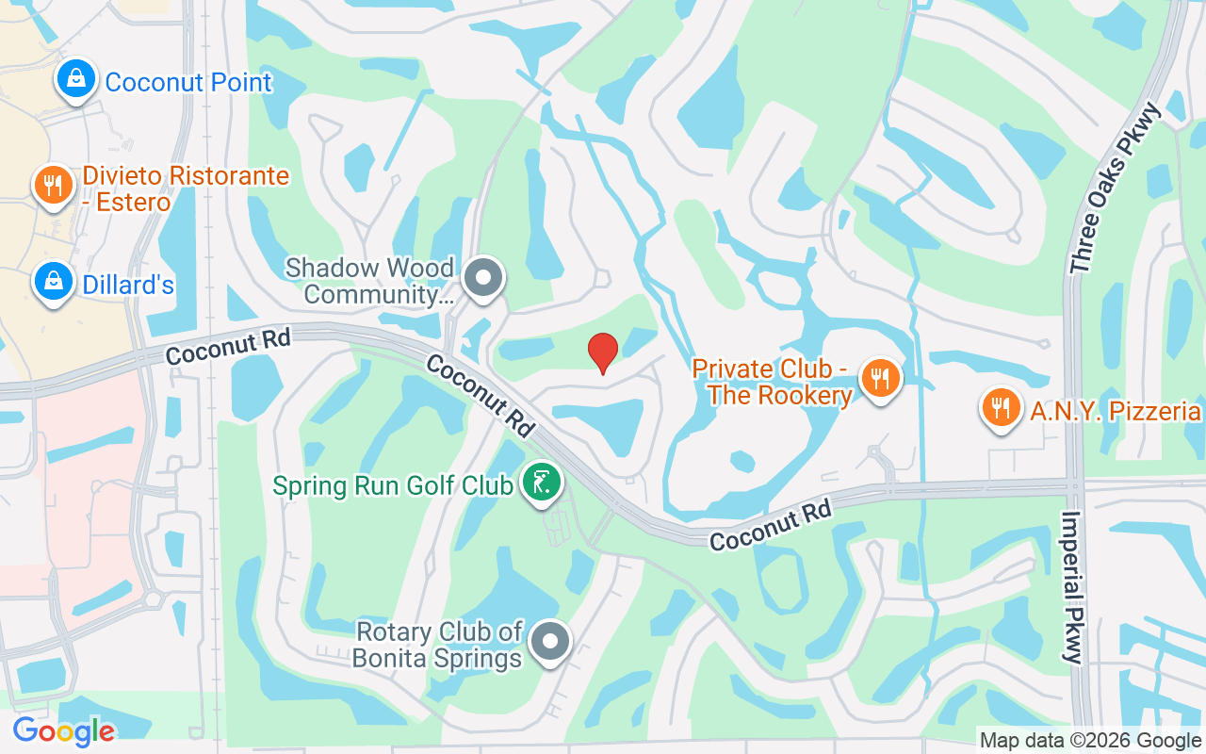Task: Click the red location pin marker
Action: tap(603, 352)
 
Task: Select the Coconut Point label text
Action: tap(188, 82)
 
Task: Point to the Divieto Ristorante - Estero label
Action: tap(186, 188)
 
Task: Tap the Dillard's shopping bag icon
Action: tap(54, 281)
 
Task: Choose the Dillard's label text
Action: tap(129, 284)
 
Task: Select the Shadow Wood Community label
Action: tap(369, 281)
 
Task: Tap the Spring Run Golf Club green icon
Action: tap(542, 483)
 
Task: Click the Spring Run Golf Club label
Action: tap(393, 485)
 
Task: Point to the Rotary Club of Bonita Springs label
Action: tap(437, 645)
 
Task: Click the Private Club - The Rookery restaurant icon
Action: tap(880, 379)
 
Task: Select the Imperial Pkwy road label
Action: tap(1073, 587)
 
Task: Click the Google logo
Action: tap(63, 730)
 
